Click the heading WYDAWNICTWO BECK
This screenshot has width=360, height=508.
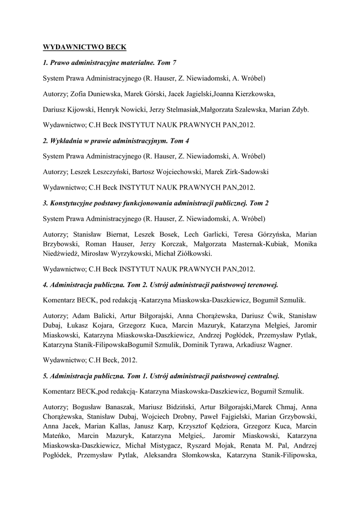pos(85,47)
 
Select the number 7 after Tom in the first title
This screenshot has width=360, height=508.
pos(174,63)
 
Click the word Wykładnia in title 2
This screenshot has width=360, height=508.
pos(68,140)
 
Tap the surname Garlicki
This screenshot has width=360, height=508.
pos(213,234)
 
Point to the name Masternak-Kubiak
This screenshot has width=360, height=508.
pos(262,244)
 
